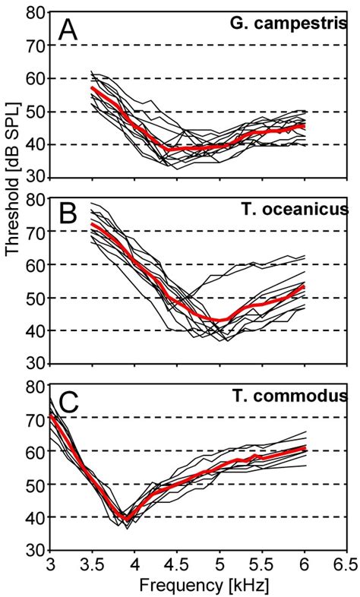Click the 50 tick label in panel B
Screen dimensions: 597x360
(33, 298)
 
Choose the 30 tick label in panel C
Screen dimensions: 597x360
(33, 550)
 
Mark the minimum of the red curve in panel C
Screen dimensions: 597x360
(126, 518)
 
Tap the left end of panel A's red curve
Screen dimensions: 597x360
(92, 88)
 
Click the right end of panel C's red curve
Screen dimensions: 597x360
(304, 447)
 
